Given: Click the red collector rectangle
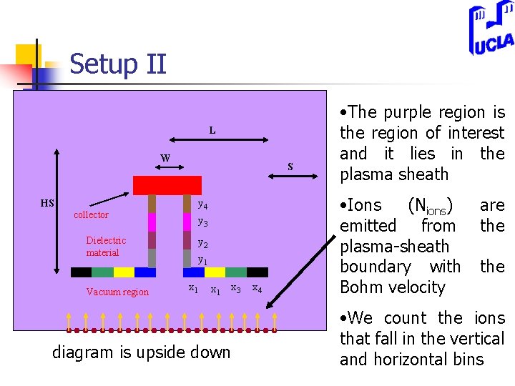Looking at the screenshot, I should tap(167, 185).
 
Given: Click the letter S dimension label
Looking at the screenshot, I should tap(290, 167).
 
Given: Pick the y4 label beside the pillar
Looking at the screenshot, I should tap(202, 205).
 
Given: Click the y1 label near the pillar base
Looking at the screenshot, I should tap(202, 260).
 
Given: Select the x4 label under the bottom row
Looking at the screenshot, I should tap(257, 288).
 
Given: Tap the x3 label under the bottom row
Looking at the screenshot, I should tap(235, 287).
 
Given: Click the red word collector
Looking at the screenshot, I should tap(92, 214).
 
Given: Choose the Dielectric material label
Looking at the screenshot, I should tap(106, 247).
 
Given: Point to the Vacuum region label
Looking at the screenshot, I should tap(117, 292).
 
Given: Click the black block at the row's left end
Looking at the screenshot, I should tap(82, 272).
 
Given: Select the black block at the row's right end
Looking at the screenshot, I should tap(257, 272).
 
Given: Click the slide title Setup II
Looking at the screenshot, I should tap(118, 64).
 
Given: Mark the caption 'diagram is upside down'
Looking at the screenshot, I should tap(142, 352).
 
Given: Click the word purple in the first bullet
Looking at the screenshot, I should tap(411, 112).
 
